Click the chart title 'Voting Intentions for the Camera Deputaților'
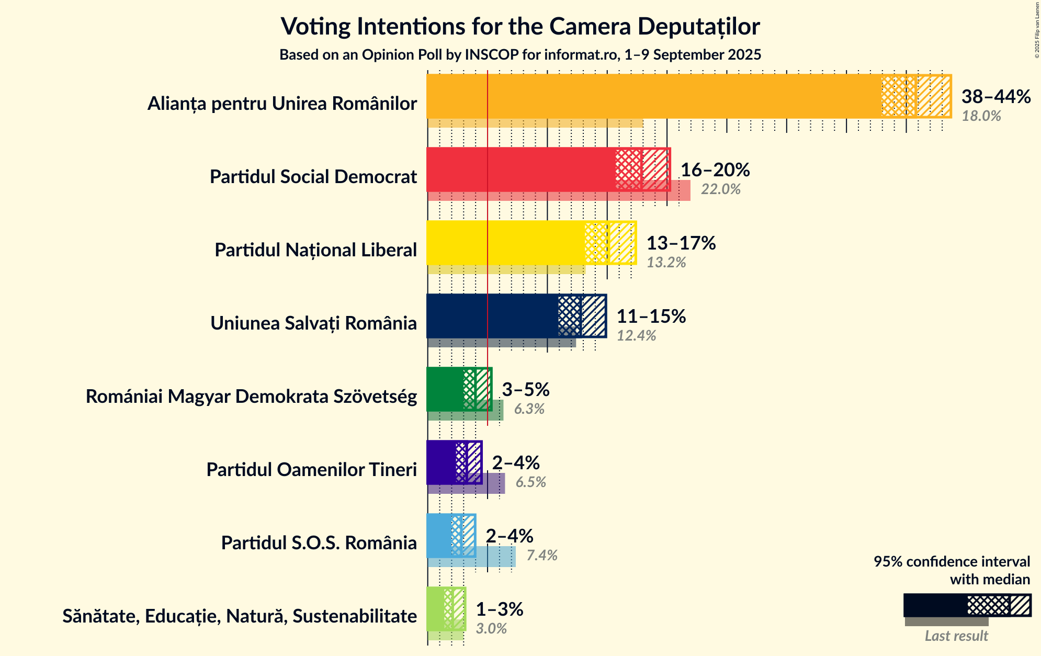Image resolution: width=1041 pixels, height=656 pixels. (520, 26)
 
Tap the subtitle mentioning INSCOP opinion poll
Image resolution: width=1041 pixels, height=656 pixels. (520, 55)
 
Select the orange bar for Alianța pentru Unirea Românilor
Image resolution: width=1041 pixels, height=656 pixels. (654, 96)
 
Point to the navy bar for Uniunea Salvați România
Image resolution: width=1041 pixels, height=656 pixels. (492, 316)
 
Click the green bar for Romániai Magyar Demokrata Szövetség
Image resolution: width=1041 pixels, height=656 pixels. (445, 389)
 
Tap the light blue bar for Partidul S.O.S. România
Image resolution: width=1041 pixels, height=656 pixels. (439, 536)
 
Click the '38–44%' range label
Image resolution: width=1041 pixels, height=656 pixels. (996, 97)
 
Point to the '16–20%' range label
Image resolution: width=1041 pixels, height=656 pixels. (715, 170)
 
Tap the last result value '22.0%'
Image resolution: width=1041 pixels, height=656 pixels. (721, 189)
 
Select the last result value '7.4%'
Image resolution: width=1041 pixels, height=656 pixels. (542, 556)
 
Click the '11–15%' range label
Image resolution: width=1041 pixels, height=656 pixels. (651, 316)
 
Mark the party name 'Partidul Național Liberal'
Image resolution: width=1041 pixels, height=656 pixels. (315, 250)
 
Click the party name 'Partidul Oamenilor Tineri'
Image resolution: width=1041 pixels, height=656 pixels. (311, 470)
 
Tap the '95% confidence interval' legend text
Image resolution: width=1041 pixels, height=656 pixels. (952, 562)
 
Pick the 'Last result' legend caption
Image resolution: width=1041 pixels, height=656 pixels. (956, 636)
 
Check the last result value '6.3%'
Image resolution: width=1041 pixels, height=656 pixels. (529, 409)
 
